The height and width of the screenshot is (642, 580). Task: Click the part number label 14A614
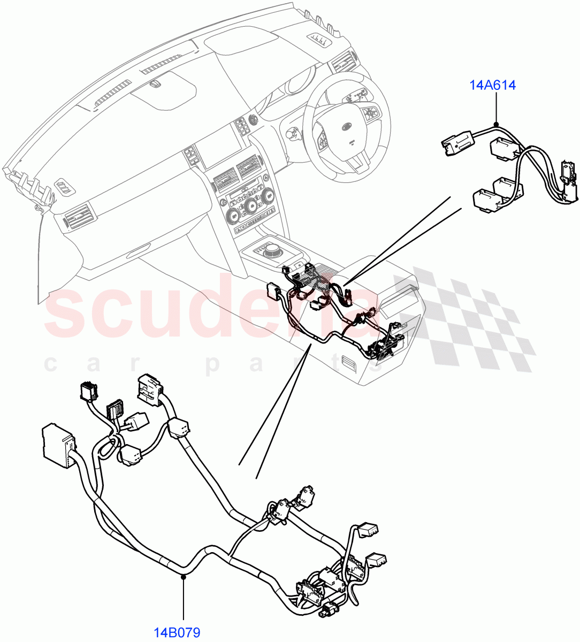(493, 85)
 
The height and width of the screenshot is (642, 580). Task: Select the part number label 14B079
(177, 633)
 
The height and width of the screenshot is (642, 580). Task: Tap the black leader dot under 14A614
(496, 125)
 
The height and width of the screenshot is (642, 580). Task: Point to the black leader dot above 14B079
(183, 576)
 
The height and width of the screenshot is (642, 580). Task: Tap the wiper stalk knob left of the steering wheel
(292, 132)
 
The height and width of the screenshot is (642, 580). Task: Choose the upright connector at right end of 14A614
(568, 177)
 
